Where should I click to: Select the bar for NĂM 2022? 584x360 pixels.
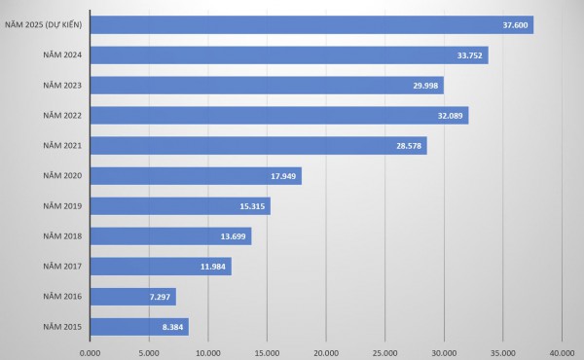(278, 116)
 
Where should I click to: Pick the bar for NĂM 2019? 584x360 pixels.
(180, 206)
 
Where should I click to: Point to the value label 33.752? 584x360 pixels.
(469, 55)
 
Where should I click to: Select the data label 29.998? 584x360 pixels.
(425, 86)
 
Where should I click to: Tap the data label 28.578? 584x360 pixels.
(409, 146)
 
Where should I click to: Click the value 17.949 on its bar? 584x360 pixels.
(283, 176)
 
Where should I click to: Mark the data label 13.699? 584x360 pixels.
(233, 236)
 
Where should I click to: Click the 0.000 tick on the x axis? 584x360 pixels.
(90, 351)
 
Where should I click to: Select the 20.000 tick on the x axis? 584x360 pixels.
(325, 351)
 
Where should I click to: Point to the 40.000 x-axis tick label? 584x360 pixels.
(562, 351)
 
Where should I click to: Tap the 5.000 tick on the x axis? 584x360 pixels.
(149, 351)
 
